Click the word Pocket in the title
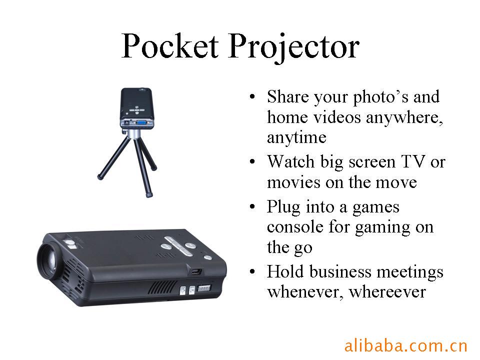pyautogui.click(x=170, y=46)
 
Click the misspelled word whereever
pyautogui.click(x=387, y=291)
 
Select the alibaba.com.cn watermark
pyautogui.click(x=405, y=346)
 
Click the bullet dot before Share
pyautogui.click(x=252, y=96)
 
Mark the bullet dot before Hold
pyautogui.click(x=252, y=272)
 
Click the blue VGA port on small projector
pyautogui.click(x=141, y=123)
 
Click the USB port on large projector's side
pyautogui.click(x=196, y=271)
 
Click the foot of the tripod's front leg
pyautogui.click(x=149, y=194)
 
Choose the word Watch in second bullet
pyautogui.click(x=291, y=161)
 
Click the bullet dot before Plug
pyautogui.click(x=252, y=207)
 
